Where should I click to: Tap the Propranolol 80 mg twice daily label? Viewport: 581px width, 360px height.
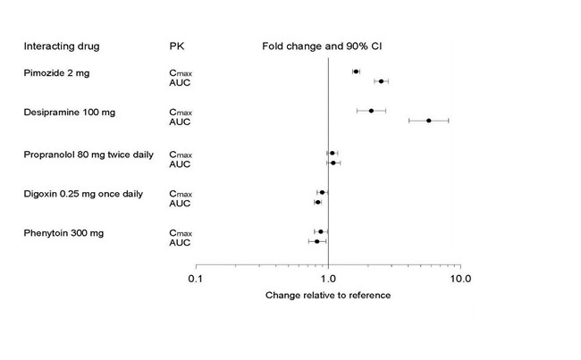[88, 154]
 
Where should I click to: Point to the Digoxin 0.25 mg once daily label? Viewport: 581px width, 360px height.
[83, 193]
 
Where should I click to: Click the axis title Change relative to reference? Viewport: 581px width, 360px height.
[328, 295]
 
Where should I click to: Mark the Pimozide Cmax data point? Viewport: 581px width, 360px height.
[356, 71]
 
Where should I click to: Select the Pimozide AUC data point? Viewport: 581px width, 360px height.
[381, 81]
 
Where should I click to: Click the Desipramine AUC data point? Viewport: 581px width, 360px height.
[429, 121]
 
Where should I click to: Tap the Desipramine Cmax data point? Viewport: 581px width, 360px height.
[371, 111]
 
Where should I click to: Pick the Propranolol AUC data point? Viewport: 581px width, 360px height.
[333, 163]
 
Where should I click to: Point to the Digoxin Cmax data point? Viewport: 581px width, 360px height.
[322, 192]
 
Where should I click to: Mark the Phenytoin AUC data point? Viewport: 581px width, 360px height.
[316, 241]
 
